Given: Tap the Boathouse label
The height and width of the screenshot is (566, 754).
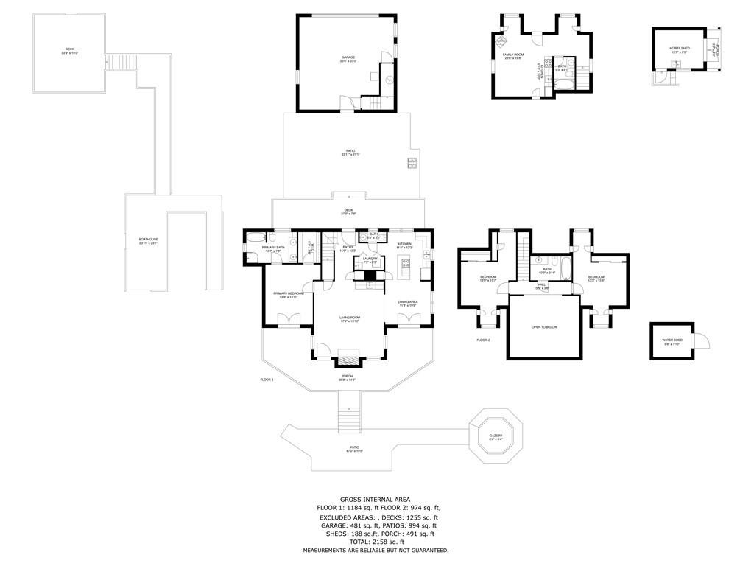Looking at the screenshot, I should click(x=149, y=241).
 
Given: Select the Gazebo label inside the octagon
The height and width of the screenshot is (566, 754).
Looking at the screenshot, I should click(x=496, y=438).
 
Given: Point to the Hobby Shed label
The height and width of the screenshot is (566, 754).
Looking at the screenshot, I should click(x=679, y=50).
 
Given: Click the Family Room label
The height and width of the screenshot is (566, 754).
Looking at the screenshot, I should click(x=513, y=57).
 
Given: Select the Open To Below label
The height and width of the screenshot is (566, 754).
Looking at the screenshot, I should click(x=544, y=327).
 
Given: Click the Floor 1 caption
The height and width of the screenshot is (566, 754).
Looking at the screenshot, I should click(x=267, y=380).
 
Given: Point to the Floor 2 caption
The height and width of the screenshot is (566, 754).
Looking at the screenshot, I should click(x=483, y=340).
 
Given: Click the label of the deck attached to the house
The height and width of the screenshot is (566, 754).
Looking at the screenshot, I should click(x=348, y=212).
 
